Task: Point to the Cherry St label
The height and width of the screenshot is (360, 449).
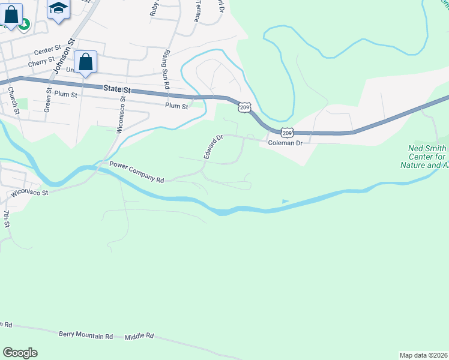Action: click(x=41, y=62)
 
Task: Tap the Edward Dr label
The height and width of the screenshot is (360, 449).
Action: click(x=212, y=146)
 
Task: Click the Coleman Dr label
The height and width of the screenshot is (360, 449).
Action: click(x=285, y=143)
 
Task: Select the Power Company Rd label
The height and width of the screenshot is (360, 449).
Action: click(x=136, y=179)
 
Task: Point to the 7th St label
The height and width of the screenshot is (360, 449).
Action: click(x=7, y=218)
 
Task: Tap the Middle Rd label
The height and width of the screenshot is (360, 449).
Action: click(x=139, y=337)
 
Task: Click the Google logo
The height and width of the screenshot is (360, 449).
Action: click(x=20, y=353)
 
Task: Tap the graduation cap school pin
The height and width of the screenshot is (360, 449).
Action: click(x=58, y=9)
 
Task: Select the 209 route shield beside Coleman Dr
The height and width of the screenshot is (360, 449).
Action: click(x=286, y=133)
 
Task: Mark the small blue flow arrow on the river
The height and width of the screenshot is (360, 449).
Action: click(x=285, y=202)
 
